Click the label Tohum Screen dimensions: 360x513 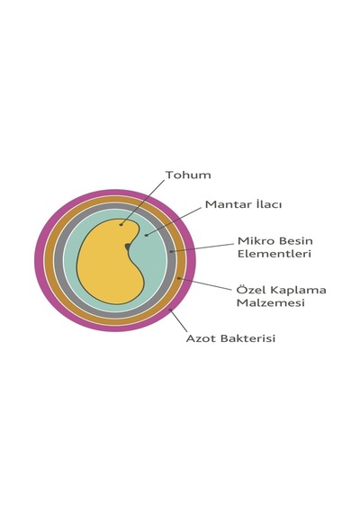point(188,175)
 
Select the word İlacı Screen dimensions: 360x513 point(267,204)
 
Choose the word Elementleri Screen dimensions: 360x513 point(274,254)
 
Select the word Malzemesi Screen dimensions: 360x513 point(271,303)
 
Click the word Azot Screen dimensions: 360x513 point(201,338)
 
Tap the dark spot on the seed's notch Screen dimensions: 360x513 point(128,246)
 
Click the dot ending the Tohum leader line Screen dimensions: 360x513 point(121,224)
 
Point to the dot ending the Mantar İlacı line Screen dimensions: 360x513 point(147,235)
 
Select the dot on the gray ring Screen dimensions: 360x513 point(171,251)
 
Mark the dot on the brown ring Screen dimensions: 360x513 point(179,278)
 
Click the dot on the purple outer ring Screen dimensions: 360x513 point(170,310)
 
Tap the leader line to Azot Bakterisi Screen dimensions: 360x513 point(178,320)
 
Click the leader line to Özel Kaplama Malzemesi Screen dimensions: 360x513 point(205,283)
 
